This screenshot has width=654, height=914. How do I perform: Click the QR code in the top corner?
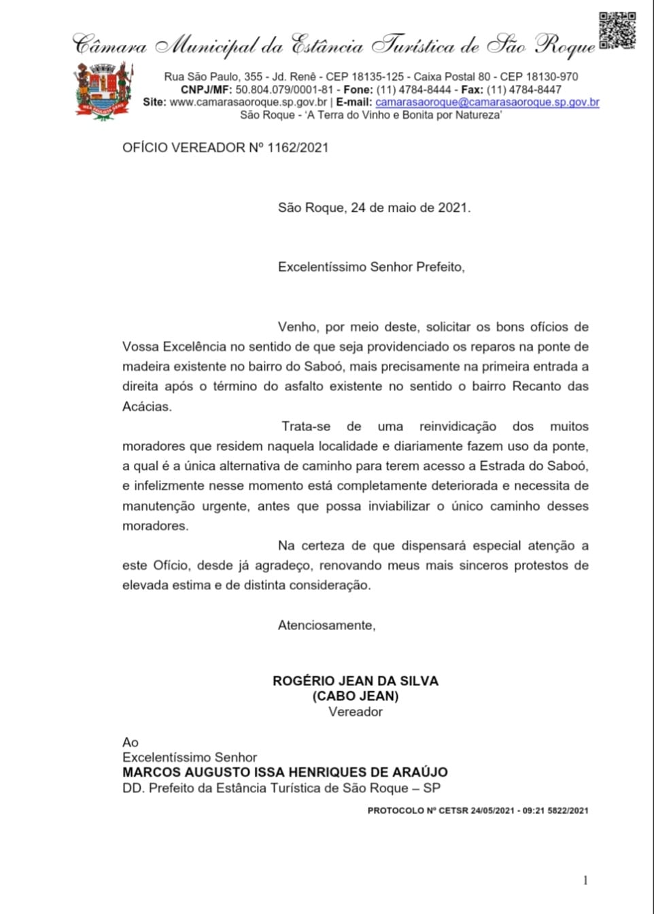tap(617, 31)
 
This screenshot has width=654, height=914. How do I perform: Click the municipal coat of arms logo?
tap(103, 90)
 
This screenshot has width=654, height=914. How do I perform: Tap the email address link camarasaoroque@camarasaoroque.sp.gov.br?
tap(487, 102)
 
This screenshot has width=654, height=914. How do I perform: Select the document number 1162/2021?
tap(298, 147)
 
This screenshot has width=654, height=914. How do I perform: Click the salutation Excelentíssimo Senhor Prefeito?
tap(371, 267)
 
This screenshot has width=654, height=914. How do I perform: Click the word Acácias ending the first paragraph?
tap(147, 407)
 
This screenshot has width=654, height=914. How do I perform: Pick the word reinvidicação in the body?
tap(458, 426)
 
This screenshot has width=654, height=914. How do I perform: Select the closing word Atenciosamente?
tap(326, 625)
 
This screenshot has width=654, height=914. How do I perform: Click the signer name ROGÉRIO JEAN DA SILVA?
tap(356, 681)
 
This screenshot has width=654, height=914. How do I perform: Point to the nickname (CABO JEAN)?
tap(356, 696)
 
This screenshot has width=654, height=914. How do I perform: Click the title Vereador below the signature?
tap(356, 712)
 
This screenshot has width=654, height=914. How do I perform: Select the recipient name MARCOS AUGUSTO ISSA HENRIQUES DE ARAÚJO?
tap(285, 773)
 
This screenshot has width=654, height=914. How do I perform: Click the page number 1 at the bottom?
tap(585, 880)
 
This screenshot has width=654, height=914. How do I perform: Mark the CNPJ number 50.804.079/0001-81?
tap(284, 90)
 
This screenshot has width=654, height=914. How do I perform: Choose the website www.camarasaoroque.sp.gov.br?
tap(248, 102)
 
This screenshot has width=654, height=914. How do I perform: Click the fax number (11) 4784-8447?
tap(523, 90)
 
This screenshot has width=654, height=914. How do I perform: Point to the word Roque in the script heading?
tap(565, 45)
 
